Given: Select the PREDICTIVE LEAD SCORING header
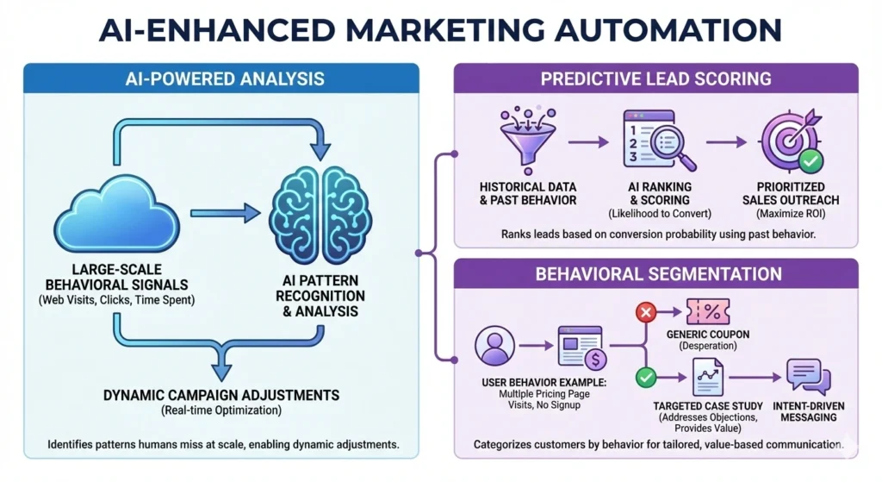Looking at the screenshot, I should pos(655,79).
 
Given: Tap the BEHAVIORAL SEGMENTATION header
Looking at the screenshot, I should pos(655,274).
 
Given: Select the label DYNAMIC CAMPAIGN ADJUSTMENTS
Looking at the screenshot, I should pos(222,396).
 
